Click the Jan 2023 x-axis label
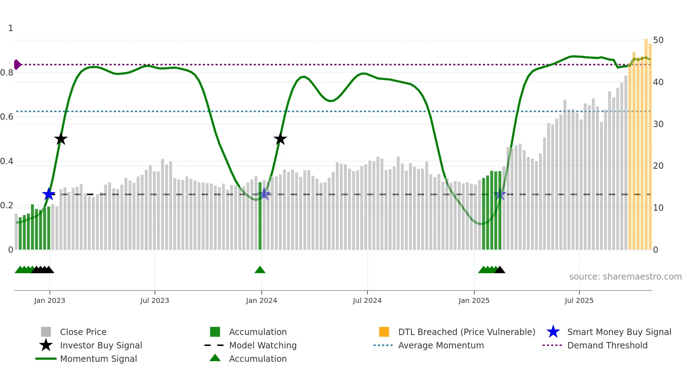pyautogui.click(x=49, y=300)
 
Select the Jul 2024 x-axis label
pyautogui.click(x=367, y=300)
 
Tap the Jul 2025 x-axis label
pyautogui.click(x=579, y=300)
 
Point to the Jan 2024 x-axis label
pyautogui.click(x=261, y=300)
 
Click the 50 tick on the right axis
pyautogui.click(x=658, y=40)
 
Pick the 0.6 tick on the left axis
pyautogui.click(x=7, y=117)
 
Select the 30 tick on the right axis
pyautogui.click(x=658, y=124)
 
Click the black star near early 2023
pyautogui.click(x=61, y=139)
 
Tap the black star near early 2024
pyautogui.click(x=280, y=139)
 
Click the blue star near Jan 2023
pyautogui.click(x=49, y=194)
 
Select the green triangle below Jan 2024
pyautogui.click(x=260, y=270)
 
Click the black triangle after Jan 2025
pyautogui.click(x=500, y=270)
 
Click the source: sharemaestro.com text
pyautogui.click(x=625, y=277)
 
